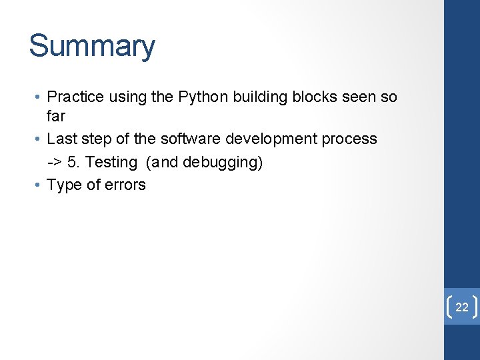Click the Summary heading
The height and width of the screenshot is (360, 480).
[x=92, y=46]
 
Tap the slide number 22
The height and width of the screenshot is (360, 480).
[x=462, y=307]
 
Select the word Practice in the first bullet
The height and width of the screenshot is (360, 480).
[x=75, y=97]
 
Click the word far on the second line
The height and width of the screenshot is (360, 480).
[x=56, y=116]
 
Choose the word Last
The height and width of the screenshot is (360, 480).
[x=62, y=139]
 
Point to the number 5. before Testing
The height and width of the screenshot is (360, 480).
[x=74, y=162]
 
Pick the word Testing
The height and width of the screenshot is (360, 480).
[x=111, y=162]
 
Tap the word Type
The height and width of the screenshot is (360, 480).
[x=64, y=185]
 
